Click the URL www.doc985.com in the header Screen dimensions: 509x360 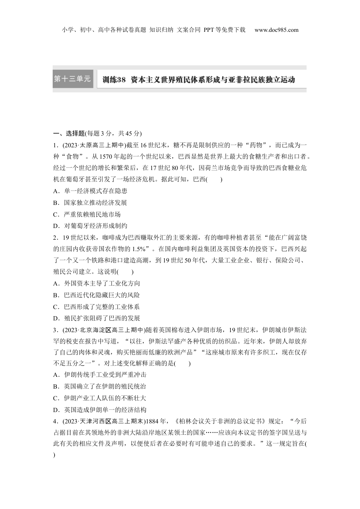click(276, 30)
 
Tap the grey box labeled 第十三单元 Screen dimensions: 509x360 click(73, 79)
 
